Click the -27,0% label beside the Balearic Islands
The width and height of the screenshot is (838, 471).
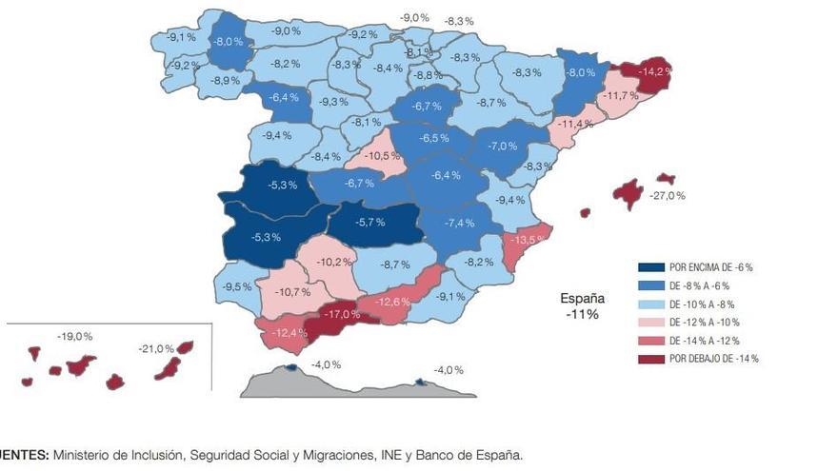point(667,195)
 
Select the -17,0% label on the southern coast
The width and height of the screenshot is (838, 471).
point(340,314)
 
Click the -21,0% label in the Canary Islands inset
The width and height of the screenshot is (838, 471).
point(156,348)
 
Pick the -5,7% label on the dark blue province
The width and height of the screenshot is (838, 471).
point(369,222)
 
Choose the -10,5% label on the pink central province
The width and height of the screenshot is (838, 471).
point(383,155)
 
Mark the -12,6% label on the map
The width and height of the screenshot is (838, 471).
point(392,302)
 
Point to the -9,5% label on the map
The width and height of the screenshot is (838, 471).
point(237,286)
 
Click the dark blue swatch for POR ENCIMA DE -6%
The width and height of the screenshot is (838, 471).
point(650,267)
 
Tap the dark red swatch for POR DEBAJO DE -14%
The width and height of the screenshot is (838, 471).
point(650,359)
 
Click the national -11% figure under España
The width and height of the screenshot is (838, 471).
point(580,313)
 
